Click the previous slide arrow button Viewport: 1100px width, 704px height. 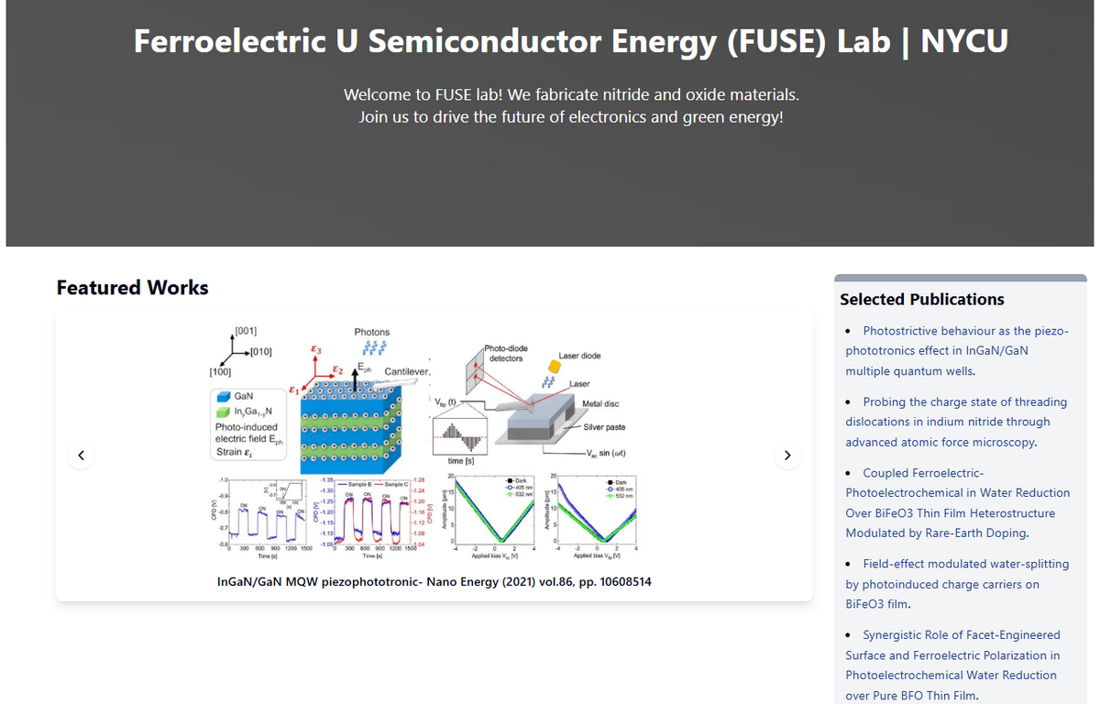(x=82, y=455)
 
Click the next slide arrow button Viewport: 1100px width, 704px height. (x=786, y=455)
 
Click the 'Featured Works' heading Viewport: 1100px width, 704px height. (x=133, y=288)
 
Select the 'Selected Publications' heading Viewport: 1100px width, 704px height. (x=921, y=300)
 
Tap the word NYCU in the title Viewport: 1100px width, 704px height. (x=963, y=41)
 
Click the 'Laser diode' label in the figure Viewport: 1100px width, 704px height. (x=579, y=356)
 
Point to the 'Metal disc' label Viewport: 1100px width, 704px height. (x=600, y=404)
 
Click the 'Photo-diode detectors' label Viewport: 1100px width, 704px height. (x=506, y=353)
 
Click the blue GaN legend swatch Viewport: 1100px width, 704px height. (x=223, y=395)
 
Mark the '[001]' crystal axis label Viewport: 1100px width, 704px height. (x=246, y=330)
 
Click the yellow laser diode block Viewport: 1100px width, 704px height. (x=554, y=365)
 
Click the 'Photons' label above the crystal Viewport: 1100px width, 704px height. (x=371, y=332)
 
